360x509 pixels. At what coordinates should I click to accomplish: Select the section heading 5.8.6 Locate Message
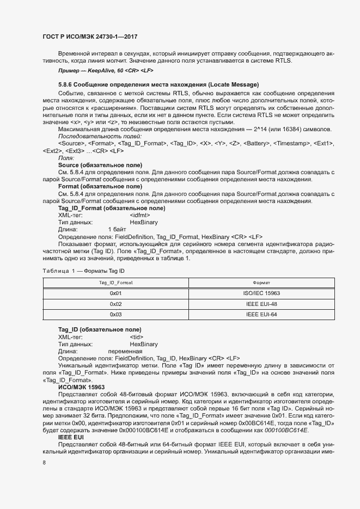(x=158, y=85)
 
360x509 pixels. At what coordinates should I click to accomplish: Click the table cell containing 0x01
(x=115, y=293)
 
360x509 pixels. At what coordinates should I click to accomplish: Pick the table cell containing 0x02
(x=115, y=304)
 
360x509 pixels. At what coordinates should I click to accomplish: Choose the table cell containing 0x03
(x=115, y=314)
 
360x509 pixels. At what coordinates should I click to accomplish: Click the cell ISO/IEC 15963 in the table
(x=261, y=293)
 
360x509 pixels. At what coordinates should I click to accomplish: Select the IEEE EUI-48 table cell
(x=261, y=304)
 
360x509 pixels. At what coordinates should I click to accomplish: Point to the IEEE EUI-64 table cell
(x=261, y=314)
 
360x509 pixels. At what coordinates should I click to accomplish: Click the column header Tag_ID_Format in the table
(x=115, y=283)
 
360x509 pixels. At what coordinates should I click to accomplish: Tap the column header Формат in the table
(x=261, y=283)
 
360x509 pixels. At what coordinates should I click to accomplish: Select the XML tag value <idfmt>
(x=140, y=216)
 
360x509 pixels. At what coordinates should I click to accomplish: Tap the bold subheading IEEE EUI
(x=71, y=437)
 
